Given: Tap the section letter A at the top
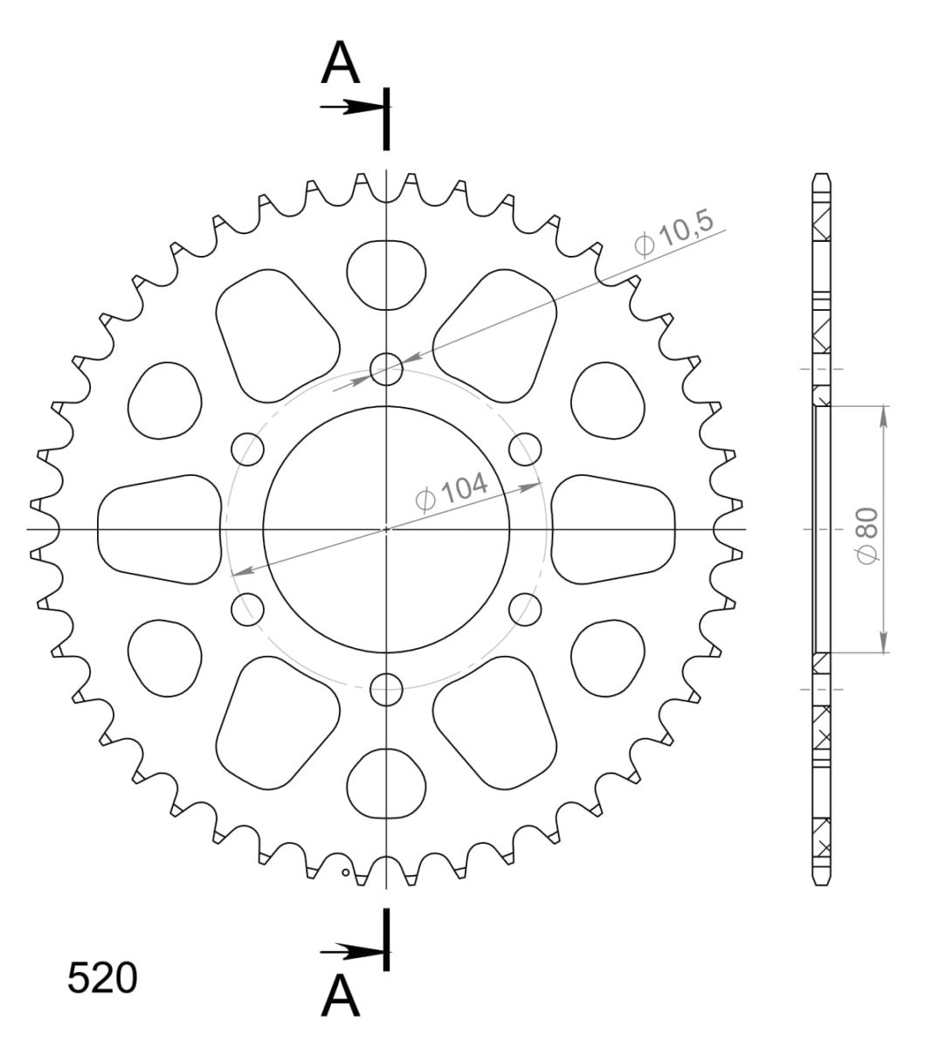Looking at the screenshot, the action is (x=340, y=63).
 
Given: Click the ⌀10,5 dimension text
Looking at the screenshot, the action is (x=674, y=233).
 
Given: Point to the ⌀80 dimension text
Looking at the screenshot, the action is (x=867, y=536).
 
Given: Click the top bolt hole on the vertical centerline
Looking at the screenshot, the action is (x=386, y=369).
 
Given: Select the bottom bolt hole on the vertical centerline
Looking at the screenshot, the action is (x=386, y=690).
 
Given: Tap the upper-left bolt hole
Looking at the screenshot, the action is (x=247, y=449).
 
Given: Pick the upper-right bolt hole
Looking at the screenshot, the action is (x=525, y=449).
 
